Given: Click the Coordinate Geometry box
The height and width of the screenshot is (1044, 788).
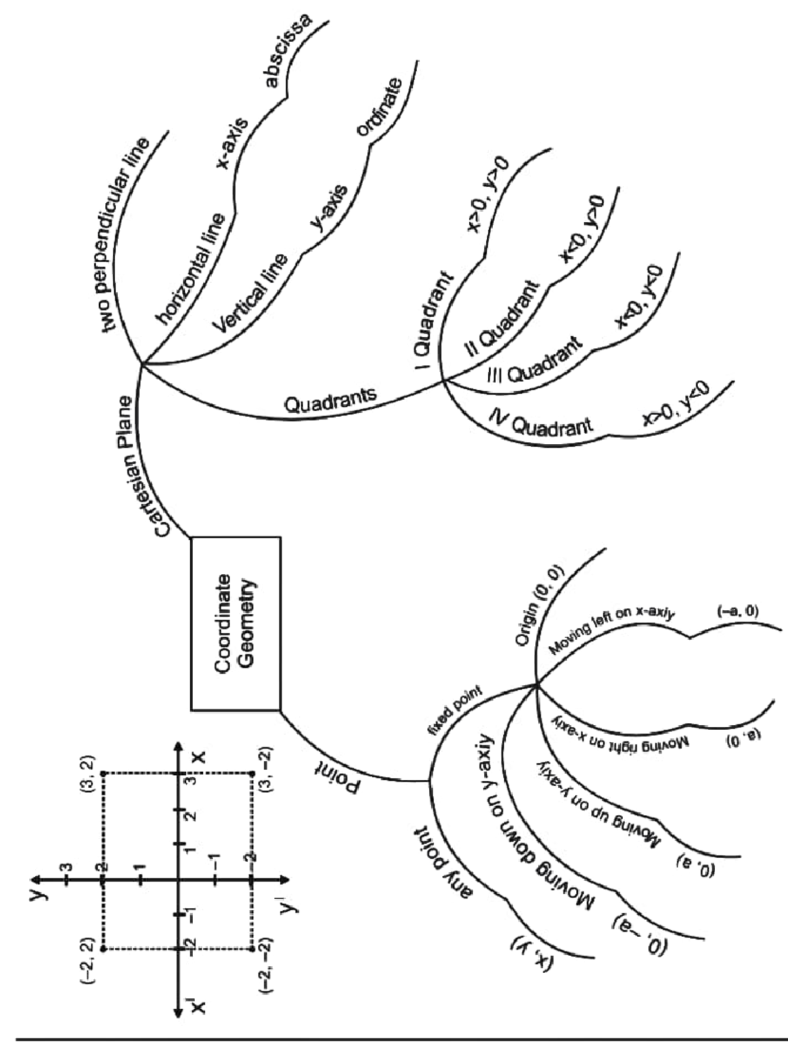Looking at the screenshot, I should [x=235, y=623].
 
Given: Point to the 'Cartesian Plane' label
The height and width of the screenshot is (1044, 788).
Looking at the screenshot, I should [x=145, y=466].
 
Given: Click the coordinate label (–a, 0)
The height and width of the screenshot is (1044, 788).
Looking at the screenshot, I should [x=737, y=611].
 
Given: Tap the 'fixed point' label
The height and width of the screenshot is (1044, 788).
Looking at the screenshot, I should [x=455, y=710].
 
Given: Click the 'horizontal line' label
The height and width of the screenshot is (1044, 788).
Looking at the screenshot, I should [x=191, y=269].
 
